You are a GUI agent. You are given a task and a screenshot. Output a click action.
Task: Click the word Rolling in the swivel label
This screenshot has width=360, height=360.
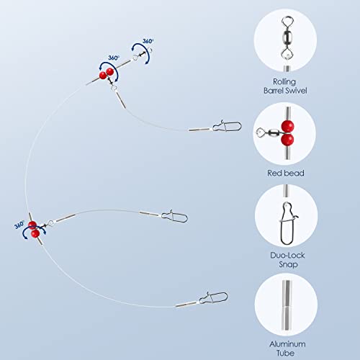(x=284, y=82)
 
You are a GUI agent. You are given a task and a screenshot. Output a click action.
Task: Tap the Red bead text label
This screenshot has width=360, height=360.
(x=286, y=173)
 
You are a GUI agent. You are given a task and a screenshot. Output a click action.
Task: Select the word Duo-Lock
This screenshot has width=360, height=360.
(x=287, y=255)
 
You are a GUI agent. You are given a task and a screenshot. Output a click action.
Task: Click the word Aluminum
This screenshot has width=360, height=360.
(x=287, y=344)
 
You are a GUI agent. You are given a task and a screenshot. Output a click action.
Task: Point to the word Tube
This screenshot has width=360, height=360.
(x=285, y=353)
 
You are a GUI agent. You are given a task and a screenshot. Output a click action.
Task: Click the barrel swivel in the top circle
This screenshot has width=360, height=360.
(x=287, y=37)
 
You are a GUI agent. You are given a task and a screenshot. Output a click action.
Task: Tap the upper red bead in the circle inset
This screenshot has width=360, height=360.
(x=287, y=126)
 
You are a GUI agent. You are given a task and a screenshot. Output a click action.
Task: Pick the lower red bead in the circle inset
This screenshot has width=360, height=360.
(x=287, y=140)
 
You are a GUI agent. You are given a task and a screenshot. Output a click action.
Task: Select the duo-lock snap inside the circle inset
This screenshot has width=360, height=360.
(x=288, y=223)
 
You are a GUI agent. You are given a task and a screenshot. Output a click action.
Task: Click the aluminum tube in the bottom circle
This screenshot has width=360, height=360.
(x=287, y=305)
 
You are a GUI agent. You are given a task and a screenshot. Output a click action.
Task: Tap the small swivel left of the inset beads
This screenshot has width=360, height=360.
(x=269, y=132)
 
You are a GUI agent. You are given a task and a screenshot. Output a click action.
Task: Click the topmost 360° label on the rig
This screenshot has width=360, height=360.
(x=148, y=41)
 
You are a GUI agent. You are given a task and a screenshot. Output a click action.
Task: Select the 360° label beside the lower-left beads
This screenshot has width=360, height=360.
(x=19, y=225)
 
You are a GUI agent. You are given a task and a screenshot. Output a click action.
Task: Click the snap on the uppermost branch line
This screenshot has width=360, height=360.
(x=227, y=126)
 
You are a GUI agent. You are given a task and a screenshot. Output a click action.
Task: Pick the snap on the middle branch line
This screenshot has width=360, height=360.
(x=174, y=216)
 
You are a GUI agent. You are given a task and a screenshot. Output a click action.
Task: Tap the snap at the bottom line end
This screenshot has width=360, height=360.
(x=213, y=298)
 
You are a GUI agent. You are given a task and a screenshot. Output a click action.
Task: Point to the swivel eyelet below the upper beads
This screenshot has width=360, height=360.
(x=114, y=88)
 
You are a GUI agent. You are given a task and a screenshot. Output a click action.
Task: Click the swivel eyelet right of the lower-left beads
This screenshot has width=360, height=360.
(x=50, y=223)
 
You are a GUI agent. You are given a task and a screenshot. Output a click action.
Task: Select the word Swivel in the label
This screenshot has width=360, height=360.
(x=295, y=91)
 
